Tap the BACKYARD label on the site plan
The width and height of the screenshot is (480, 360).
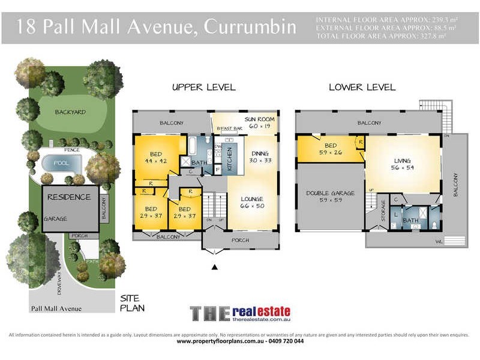[x=70, y=112]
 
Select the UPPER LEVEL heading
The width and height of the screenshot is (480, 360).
[x=203, y=88]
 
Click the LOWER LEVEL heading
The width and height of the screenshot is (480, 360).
[x=362, y=88]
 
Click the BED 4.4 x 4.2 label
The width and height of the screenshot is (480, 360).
[x=155, y=157]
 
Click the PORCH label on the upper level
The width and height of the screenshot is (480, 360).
[x=241, y=240]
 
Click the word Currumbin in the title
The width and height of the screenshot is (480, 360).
[x=250, y=27]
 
